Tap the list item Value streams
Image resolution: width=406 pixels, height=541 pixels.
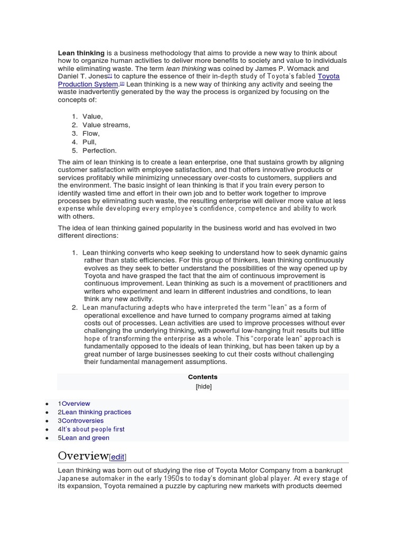[106, 125]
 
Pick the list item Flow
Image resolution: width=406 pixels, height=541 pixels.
[91, 134]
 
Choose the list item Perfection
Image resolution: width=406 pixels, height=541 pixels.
[99, 151]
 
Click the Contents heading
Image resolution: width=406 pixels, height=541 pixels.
[202, 377]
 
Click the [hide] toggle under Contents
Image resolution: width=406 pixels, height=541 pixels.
[203, 386]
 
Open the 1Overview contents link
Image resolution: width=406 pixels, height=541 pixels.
[75, 404]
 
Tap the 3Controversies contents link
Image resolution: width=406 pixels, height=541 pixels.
[81, 421]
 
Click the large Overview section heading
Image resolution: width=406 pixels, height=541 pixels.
[83, 456]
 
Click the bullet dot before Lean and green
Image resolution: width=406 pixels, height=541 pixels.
[47, 438]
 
